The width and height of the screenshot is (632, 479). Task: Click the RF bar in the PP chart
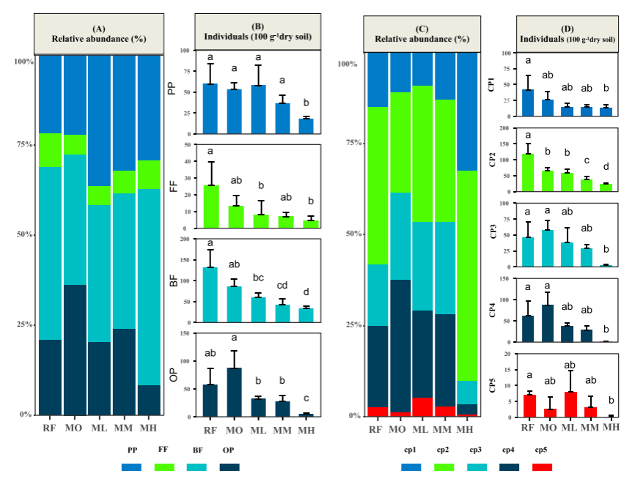click(x=210, y=108)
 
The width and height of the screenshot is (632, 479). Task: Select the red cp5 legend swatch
click(x=538, y=467)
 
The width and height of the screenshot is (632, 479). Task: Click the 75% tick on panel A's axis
click(x=24, y=145)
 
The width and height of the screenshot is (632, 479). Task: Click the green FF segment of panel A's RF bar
click(x=50, y=150)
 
